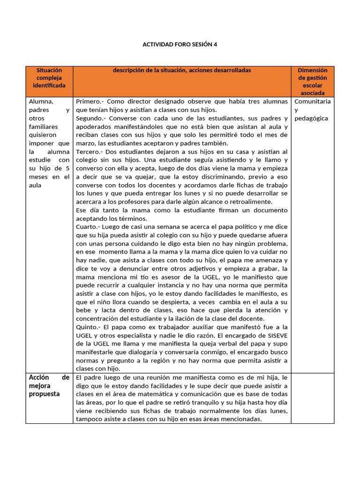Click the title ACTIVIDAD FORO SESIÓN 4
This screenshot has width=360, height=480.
(180, 45)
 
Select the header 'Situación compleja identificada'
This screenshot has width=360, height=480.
(49, 78)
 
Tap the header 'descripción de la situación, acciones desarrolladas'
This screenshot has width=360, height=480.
(182, 70)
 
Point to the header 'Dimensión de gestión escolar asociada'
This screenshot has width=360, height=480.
(312, 82)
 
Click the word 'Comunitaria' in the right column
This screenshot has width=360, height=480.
(312, 102)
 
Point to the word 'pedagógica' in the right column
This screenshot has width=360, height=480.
(311, 119)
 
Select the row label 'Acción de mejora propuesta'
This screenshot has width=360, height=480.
(49, 386)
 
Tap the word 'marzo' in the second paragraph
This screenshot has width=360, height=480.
(85, 143)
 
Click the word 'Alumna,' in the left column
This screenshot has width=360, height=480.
(41, 102)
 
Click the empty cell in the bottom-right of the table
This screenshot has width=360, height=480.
(312, 398)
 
